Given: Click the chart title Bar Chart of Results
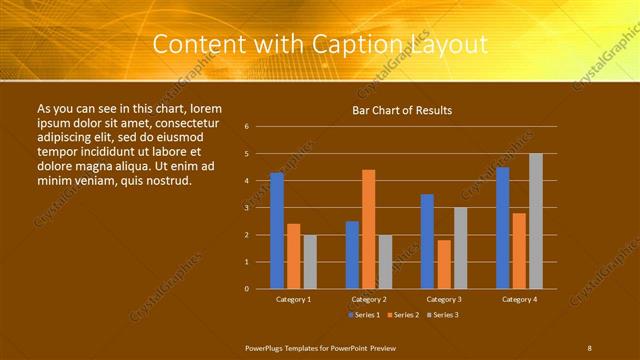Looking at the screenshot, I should click(x=402, y=110).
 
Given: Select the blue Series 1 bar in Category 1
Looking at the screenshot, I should click(x=277, y=231).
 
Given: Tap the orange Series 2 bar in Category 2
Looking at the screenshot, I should click(x=368, y=229).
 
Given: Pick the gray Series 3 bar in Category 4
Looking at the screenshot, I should click(x=536, y=221).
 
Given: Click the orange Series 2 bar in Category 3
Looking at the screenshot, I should click(x=444, y=264).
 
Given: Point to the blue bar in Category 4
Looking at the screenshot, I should click(x=502, y=228).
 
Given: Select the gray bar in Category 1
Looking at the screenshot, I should click(x=310, y=262).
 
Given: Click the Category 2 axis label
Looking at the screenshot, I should click(x=368, y=299).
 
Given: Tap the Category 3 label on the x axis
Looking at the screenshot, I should click(x=443, y=299).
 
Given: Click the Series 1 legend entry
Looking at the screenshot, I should click(x=362, y=315).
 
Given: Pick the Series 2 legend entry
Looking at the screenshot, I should click(x=402, y=315).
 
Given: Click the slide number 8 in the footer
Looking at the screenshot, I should click(x=589, y=347).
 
